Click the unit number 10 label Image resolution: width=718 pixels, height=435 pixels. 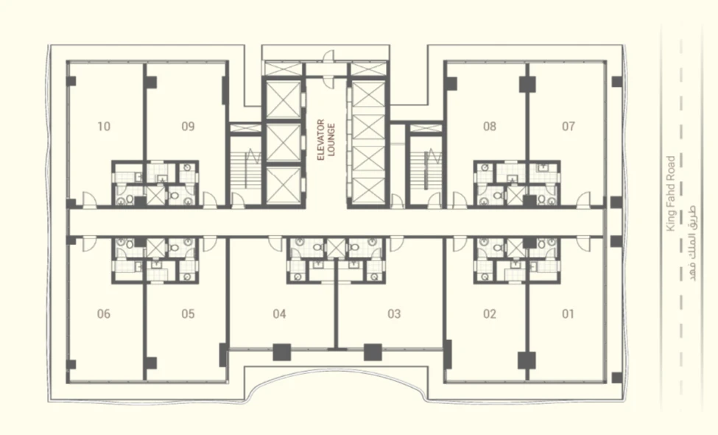coord(104,127)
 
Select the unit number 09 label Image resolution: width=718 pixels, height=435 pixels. coord(189,127)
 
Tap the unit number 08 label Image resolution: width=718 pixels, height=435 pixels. coord(490,127)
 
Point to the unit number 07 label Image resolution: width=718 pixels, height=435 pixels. coord(569,127)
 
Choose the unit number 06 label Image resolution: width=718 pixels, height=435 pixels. coord(104,314)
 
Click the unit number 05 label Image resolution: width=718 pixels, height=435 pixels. coord(189,314)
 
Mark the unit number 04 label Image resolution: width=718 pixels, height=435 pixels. coord(279,314)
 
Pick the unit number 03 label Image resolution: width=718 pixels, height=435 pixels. coord(394,314)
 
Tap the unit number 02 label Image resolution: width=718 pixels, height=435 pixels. coord(490,314)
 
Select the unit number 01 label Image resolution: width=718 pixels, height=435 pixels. coord(569,314)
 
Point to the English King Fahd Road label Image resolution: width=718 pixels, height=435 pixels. coord(671,194)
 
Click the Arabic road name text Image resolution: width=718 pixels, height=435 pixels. coord(689,243)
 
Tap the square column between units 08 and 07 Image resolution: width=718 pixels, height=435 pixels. coord(527,84)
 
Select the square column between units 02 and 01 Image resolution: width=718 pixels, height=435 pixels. coord(527,361)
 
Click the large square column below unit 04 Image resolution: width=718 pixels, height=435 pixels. coord(282,352)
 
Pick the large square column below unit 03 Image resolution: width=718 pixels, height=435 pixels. coord(373,352)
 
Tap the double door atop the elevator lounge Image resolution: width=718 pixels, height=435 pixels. coord(328,68)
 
